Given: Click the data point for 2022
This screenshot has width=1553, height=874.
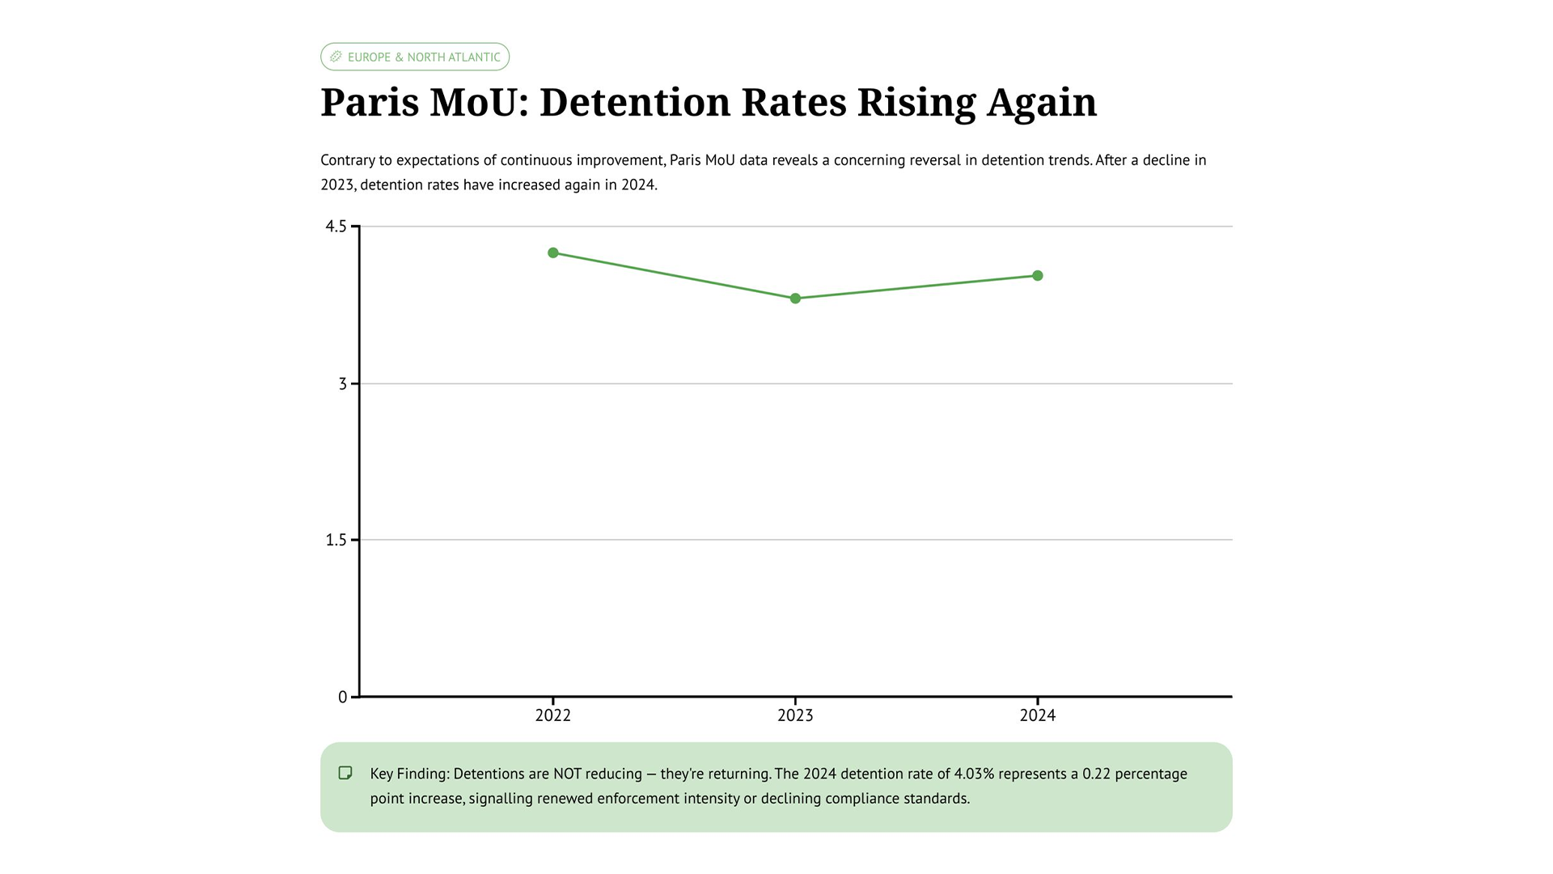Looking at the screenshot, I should click(x=553, y=253).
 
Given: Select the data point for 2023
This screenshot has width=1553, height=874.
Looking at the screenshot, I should click(x=795, y=299).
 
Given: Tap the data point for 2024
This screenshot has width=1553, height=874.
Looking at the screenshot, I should click(x=1038, y=276).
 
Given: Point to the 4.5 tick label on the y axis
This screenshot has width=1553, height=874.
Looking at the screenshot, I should click(x=336, y=227).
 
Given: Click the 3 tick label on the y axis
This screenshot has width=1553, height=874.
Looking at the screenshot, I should click(x=343, y=384).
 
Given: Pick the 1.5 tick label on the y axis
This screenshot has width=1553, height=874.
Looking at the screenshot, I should click(x=336, y=540).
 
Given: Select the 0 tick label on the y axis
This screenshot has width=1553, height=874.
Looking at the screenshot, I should click(x=343, y=697).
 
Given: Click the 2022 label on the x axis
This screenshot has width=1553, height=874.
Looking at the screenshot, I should click(x=553, y=715).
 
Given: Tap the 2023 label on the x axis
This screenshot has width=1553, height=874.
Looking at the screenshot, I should click(x=795, y=715).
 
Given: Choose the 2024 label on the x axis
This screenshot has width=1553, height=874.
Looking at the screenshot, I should click(x=1038, y=715).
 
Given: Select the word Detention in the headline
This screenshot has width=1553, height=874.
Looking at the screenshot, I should click(x=635, y=103).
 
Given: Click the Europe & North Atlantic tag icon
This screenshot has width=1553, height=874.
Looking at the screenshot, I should click(x=336, y=57).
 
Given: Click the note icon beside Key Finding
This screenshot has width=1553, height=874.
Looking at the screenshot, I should click(x=345, y=773).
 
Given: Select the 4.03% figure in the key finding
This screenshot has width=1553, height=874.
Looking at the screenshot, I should click(x=974, y=774).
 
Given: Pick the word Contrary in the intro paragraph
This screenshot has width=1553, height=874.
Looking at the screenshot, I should click(x=347, y=160).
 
